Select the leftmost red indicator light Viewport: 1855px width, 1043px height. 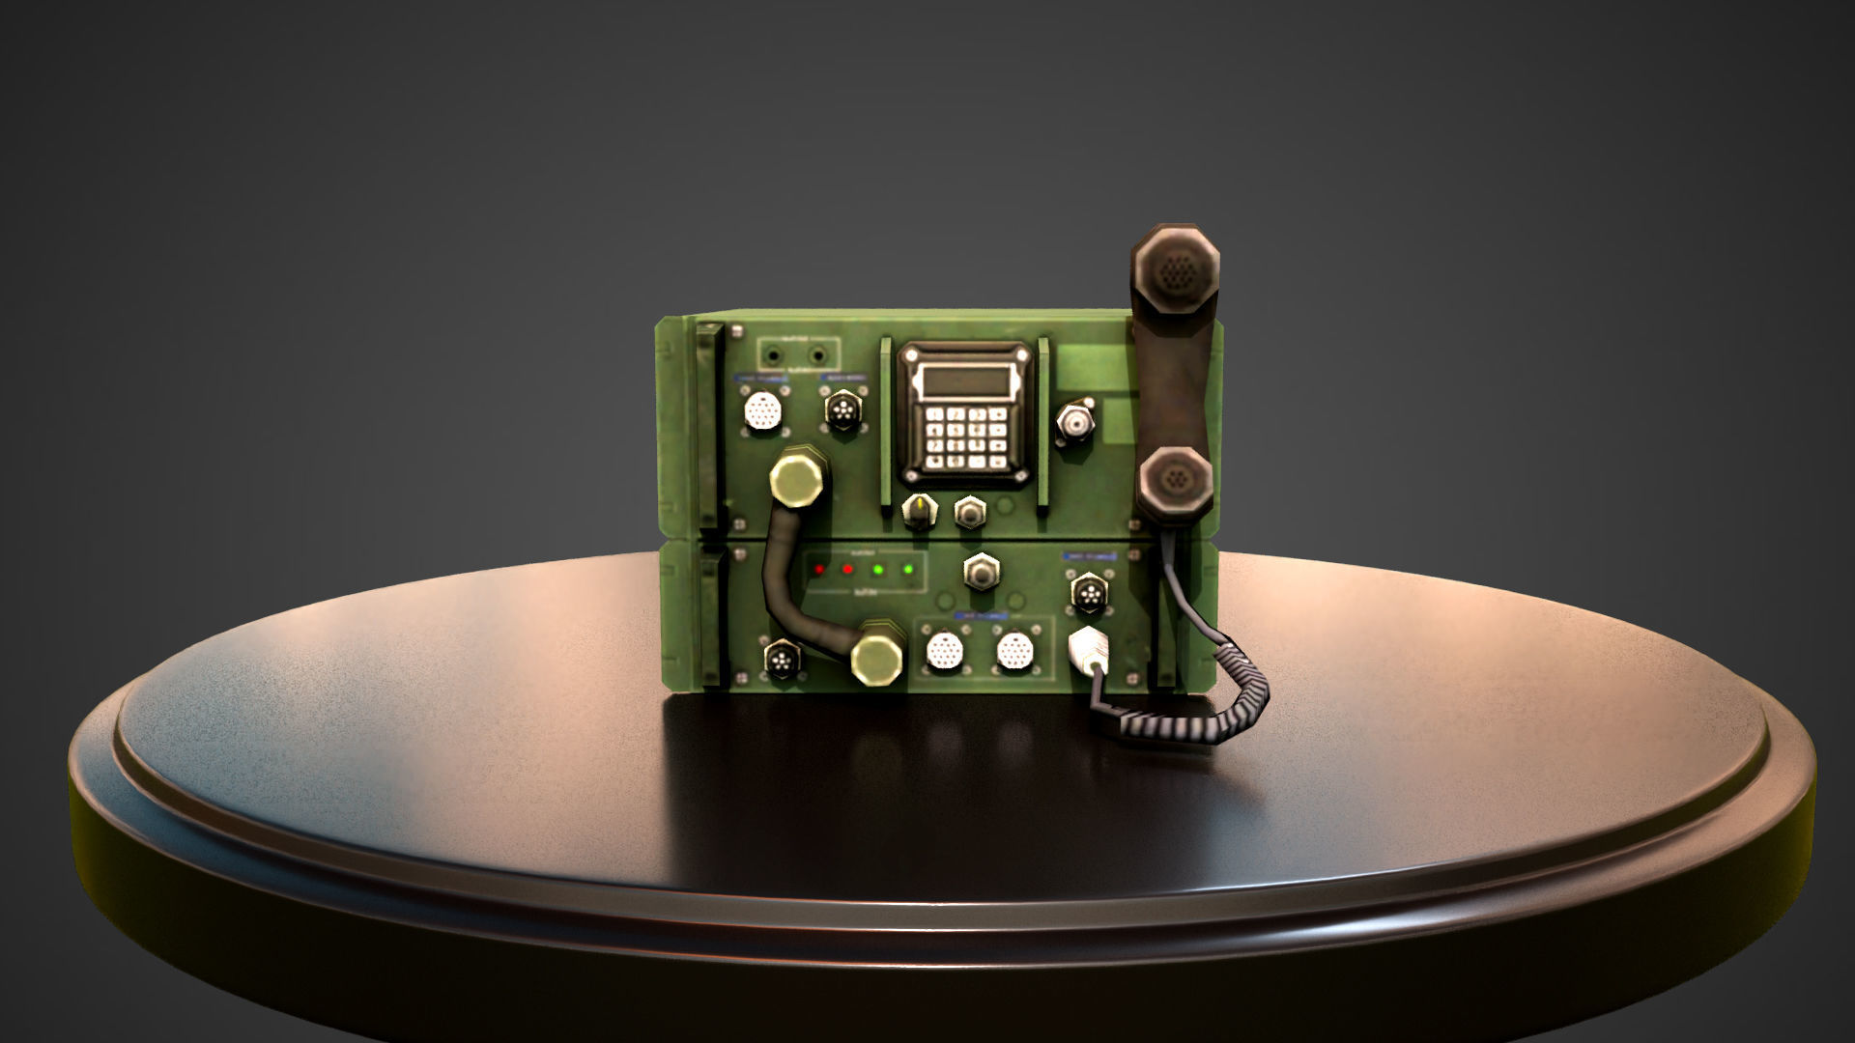click(819, 568)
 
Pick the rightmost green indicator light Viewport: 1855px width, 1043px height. click(907, 568)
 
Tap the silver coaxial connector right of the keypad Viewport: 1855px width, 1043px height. click(1076, 421)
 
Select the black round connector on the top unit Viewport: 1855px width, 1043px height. click(842, 410)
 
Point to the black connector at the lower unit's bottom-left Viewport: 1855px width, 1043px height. click(781, 661)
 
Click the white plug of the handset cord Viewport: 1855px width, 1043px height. click(1088, 649)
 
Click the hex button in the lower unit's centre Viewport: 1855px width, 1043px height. click(981, 571)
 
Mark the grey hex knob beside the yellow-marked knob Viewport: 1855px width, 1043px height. click(969, 511)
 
